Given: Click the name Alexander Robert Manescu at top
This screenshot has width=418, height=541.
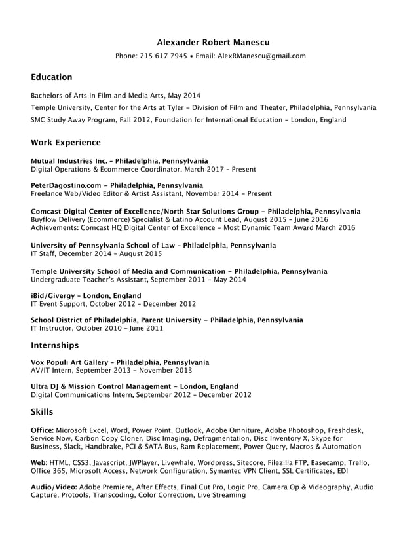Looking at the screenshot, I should (x=213, y=43).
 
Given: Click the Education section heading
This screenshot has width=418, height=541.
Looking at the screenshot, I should (x=52, y=77).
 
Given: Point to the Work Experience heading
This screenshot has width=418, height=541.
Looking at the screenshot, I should (x=66, y=143).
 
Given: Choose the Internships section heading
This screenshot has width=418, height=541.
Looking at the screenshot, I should (x=55, y=345).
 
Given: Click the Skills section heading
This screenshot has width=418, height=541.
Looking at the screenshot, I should (x=42, y=412).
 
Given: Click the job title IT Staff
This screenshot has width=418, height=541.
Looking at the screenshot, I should (x=43, y=253).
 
